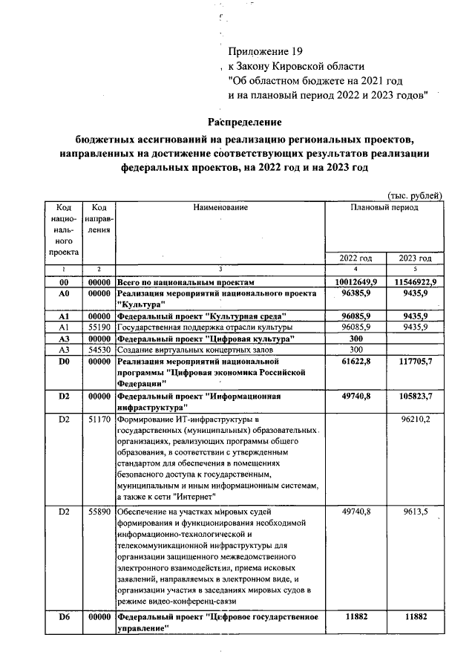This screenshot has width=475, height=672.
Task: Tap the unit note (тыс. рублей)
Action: [x=416, y=195]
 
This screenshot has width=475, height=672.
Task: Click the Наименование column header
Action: [x=220, y=208]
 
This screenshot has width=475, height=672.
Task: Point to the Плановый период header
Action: [x=384, y=208]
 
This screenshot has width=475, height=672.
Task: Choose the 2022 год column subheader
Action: [x=356, y=258]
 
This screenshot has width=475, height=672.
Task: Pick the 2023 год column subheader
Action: [x=415, y=258]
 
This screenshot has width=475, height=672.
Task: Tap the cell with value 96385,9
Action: [x=356, y=294]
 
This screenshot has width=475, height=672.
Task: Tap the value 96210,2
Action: [x=416, y=420]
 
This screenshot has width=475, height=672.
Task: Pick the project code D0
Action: [x=63, y=361]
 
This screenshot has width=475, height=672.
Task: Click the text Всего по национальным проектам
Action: [x=186, y=283]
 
